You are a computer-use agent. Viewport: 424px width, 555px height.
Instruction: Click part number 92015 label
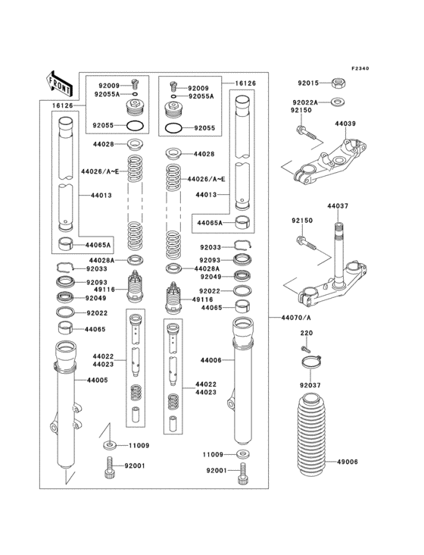click(309, 83)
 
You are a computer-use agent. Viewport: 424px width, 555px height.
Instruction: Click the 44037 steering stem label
click(338, 205)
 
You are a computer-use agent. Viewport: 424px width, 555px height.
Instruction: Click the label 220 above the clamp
click(307, 333)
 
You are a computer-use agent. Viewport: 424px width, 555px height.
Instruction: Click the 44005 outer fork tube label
click(96, 379)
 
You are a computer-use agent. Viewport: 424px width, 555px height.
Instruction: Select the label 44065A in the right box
click(210, 223)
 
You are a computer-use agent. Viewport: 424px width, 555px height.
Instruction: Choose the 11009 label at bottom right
click(213, 453)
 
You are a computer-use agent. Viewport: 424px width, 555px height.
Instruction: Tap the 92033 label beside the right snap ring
click(210, 247)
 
